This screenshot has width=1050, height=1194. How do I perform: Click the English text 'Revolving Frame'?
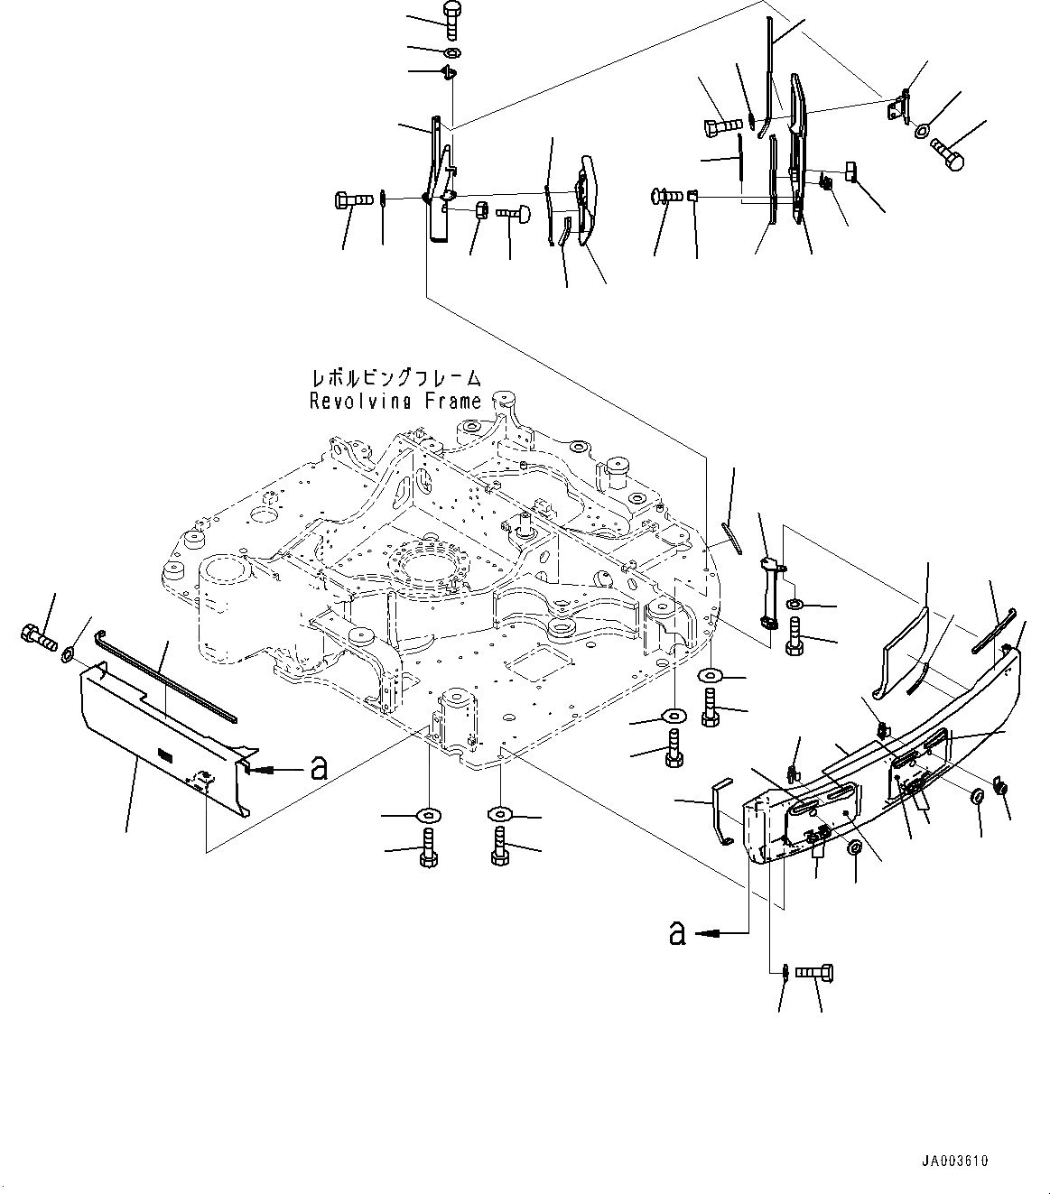395,402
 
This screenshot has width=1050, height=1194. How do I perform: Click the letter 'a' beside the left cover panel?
317,769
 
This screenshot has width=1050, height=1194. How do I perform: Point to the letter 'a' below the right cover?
676,932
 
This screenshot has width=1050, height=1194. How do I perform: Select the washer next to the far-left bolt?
68,652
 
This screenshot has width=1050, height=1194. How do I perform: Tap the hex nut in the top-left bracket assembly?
481,211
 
